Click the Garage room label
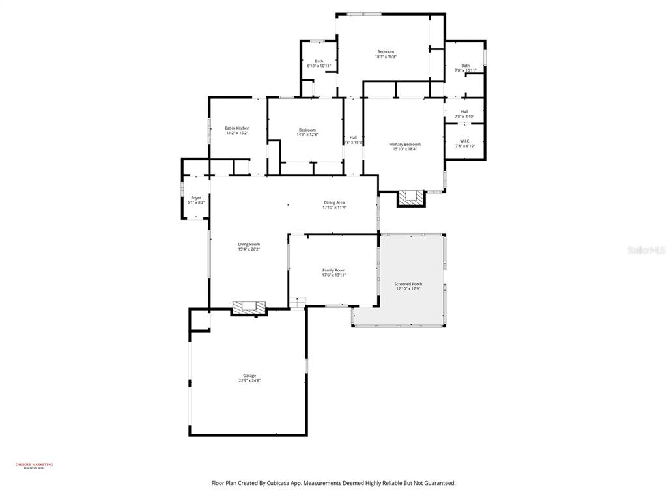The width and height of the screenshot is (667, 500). coord(249,375)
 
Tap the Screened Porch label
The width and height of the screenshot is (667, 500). coord(408,284)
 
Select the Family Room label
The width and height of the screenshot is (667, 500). coord(333,270)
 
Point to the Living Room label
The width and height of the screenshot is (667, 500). coord(249,244)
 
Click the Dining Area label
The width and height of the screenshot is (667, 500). coord(334,202)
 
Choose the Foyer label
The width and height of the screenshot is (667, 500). coord(196,198)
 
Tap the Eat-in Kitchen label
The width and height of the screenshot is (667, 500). coord(237,128)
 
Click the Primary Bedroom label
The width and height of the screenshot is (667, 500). coord(404,144)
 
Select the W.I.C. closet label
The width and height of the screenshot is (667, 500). coord(465,141)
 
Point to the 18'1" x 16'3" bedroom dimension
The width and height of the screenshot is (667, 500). coord(386,57)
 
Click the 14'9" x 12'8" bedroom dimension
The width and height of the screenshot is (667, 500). coord(307,135)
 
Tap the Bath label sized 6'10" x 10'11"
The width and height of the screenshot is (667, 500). coord(319,61)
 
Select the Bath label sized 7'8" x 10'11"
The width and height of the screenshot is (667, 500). coord(465,65)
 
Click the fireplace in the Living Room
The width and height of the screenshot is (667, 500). coord(250,307)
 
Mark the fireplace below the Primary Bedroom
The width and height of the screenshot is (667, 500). coord(411,197)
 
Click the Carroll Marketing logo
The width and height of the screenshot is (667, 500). coord(35,465)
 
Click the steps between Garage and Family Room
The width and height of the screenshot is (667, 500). coord(298,303)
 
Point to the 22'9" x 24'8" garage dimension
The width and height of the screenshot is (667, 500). coord(249,380)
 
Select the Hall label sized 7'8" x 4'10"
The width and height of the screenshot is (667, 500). coord(464,111)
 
